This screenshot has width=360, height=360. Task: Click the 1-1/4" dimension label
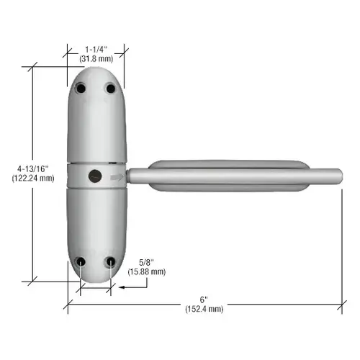(x=96, y=50)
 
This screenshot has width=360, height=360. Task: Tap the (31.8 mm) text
(x=96, y=59)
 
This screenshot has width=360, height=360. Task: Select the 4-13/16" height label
(x=32, y=169)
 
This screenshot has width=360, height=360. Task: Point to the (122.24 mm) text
(x=33, y=179)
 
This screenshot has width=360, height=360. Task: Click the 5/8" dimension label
(x=146, y=262)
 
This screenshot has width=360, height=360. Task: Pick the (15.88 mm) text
(x=147, y=271)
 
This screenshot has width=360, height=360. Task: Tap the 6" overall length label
(x=204, y=300)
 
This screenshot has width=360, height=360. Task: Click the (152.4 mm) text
(x=204, y=309)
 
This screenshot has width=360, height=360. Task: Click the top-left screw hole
(x=81, y=88)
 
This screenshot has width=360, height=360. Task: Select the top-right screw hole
(x=111, y=89)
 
